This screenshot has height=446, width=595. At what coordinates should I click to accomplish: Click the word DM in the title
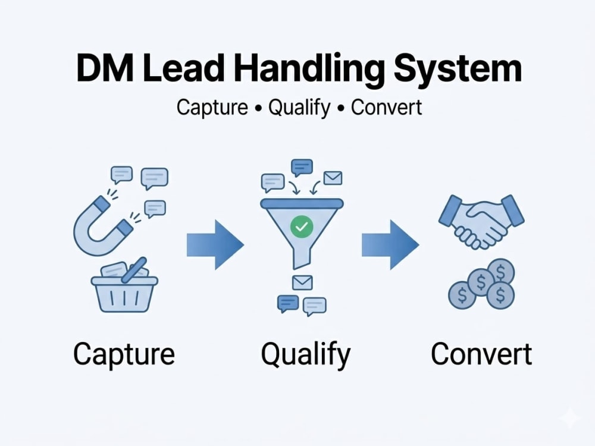click(105, 68)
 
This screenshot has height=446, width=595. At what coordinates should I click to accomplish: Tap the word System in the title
click(458, 70)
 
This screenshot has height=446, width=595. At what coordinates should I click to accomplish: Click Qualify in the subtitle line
click(299, 108)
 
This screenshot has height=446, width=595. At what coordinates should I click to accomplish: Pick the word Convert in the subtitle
click(386, 107)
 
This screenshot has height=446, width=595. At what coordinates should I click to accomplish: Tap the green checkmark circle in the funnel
click(302, 227)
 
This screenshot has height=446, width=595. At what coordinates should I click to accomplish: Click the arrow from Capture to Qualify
click(215, 244)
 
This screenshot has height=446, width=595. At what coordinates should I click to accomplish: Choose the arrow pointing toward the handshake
click(390, 244)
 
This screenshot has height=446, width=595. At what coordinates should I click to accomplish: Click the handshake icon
click(481, 221)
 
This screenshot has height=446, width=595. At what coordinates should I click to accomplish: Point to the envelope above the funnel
click(333, 178)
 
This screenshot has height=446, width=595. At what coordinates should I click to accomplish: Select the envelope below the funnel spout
click(302, 282)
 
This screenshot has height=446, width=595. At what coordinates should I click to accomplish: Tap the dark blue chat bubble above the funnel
click(302, 168)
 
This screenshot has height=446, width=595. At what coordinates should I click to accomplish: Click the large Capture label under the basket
click(124, 354)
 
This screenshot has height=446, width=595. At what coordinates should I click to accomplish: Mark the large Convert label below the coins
click(481, 354)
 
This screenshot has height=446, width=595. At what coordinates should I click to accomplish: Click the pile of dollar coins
click(481, 284)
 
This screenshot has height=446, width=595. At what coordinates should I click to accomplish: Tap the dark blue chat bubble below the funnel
click(288, 304)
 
